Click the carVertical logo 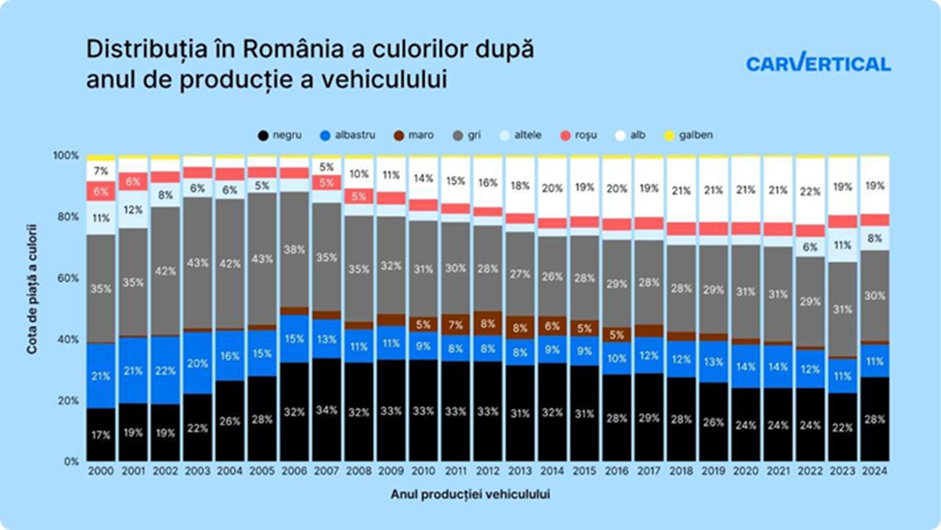(818, 64)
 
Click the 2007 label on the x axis (326, 471)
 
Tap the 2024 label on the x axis (874, 471)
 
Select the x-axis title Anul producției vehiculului (471, 494)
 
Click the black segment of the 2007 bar (326, 410)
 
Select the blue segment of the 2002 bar (165, 369)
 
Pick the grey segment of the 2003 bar (197, 263)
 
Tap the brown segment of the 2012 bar (487, 323)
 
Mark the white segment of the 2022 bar (809, 192)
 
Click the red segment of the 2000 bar (101, 192)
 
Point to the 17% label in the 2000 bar (101, 435)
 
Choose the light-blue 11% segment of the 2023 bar (842, 245)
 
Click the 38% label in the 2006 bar (294, 248)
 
